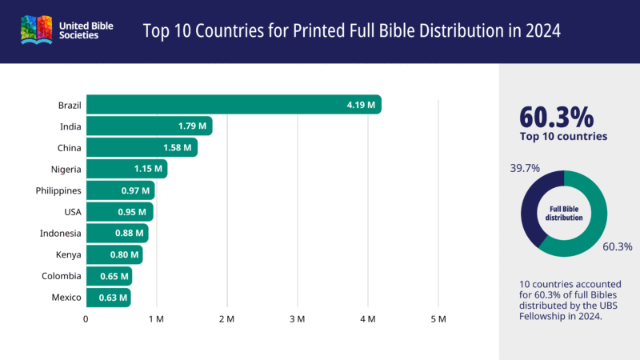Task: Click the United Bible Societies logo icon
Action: click(36, 31)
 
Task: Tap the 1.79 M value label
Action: click(192, 126)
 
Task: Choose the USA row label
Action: click(72, 212)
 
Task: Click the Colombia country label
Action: click(62, 276)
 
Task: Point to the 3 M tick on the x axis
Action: click(298, 319)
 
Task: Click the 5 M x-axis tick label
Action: click(438, 319)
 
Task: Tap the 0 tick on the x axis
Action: click(86, 319)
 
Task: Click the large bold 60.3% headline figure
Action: click(557, 116)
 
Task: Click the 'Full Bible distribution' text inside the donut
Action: click(564, 214)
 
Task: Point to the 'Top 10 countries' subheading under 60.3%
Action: click(563, 137)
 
